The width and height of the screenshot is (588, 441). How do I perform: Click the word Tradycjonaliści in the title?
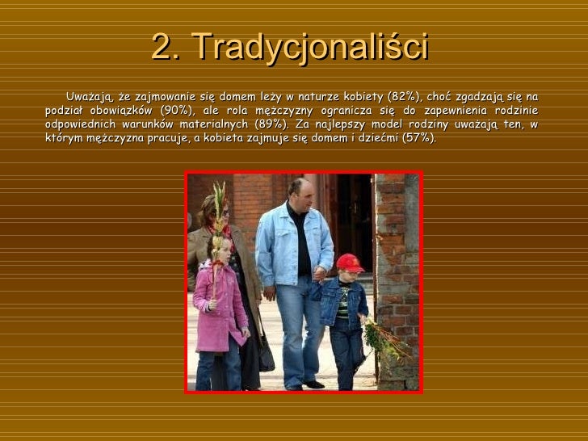click(311, 49)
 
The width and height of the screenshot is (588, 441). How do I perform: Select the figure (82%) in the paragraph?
click(402, 98)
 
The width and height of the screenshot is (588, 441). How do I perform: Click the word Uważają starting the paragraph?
click(90, 98)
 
